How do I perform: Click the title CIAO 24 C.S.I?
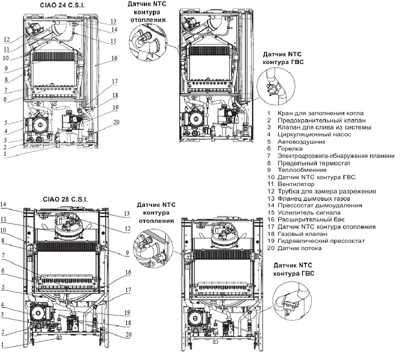(x=62, y=5)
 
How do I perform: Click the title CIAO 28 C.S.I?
(x=65, y=199)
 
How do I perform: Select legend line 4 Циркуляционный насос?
(x=309, y=134)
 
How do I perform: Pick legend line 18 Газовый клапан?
(x=297, y=234)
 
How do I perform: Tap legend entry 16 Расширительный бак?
(x=306, y=219)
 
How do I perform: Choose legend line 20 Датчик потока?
(x=294, y=248)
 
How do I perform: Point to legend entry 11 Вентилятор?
(x=291, y=184)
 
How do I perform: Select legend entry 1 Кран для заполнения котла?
(x=315, y=113)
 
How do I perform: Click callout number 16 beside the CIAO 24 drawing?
(x=114, y=58)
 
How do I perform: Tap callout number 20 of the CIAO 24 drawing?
(x=116, y=122)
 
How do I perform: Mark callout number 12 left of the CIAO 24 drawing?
(x=6, y=39)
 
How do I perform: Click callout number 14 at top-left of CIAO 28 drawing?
(x=3, y=204)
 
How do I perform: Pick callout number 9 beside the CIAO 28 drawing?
(x=127, y=253)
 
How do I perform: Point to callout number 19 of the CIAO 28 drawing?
(x=127, y=313)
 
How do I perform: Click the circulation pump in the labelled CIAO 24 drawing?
(x=39, y=125)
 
